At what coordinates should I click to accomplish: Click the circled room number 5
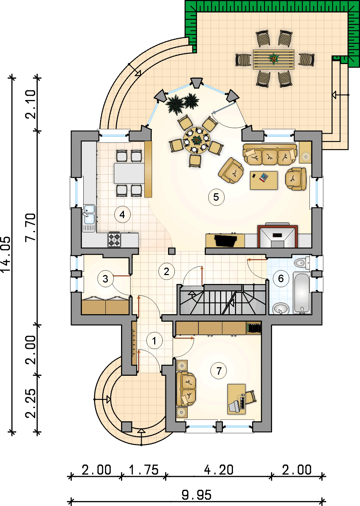click(x=216, y=197)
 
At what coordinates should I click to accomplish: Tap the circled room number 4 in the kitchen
click(x=122, y=215)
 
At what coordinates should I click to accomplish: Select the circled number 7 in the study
click(x=219, y=371)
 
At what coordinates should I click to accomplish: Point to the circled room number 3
click(x=105, y=279)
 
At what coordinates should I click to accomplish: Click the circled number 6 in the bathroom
click(x=281, y=278)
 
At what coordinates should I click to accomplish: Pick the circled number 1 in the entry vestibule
click(x=154, y=341)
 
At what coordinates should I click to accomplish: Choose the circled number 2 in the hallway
click(x=166, y=272)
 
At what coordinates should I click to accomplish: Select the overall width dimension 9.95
click(x=196, y=495)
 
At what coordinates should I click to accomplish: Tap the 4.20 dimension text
click(x=219, y=470)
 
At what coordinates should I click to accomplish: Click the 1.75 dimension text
click(x=144, y=470)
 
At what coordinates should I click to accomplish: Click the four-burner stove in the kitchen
click(x=114, y=239)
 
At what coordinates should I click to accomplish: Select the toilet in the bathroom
click(x=301, y=263)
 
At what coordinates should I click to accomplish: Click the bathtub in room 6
click(x=302, y=293)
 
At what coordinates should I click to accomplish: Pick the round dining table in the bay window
click(x=197, y=140)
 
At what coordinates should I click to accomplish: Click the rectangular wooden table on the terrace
click(x=273, y=59)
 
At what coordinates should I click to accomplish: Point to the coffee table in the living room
click(x=264, y=180)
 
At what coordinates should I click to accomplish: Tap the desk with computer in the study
click(x=236, y=399)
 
